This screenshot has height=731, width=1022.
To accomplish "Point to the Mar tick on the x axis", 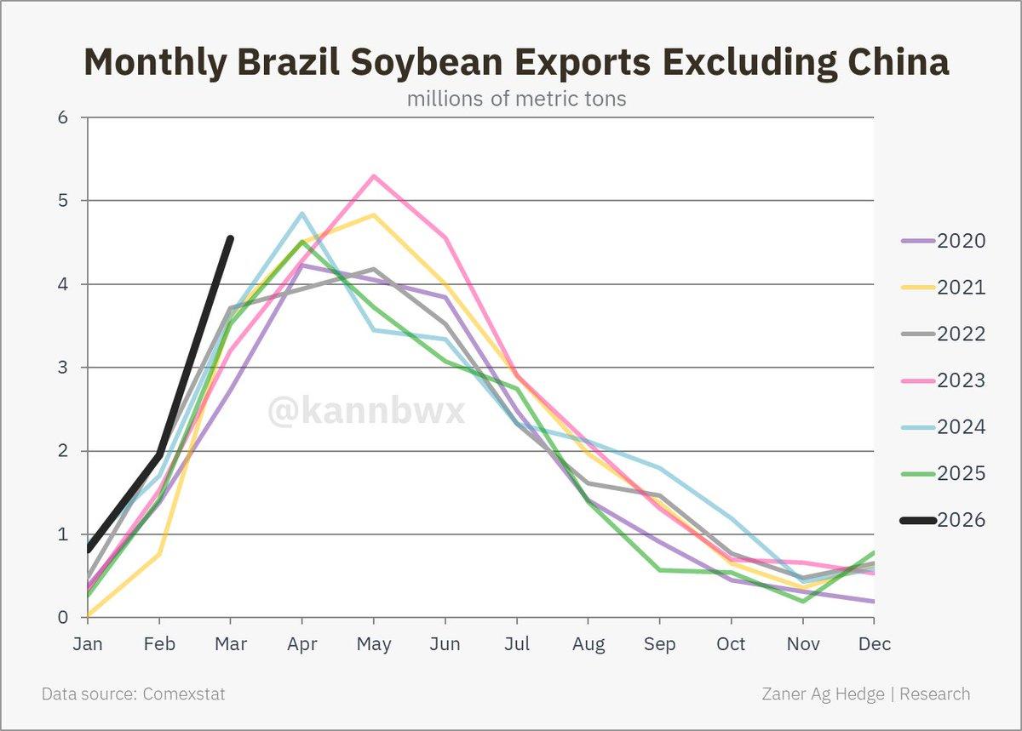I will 231,644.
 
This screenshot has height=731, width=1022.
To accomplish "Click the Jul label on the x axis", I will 517,644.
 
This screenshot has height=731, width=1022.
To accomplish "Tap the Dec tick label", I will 874,644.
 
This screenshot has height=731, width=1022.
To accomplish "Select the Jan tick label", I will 88,644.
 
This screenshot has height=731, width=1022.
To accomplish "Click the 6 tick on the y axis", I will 62,117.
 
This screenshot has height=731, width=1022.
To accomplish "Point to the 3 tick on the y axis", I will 62,368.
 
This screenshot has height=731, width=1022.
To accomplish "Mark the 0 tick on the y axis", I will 62,618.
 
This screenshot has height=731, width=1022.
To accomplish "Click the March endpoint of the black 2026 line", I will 231,238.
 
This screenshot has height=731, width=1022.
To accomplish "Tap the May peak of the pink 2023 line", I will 373,176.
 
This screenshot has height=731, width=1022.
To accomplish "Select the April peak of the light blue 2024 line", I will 301,214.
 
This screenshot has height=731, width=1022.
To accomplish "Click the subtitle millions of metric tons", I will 516,99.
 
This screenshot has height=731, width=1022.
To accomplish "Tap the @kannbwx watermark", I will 366,411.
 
